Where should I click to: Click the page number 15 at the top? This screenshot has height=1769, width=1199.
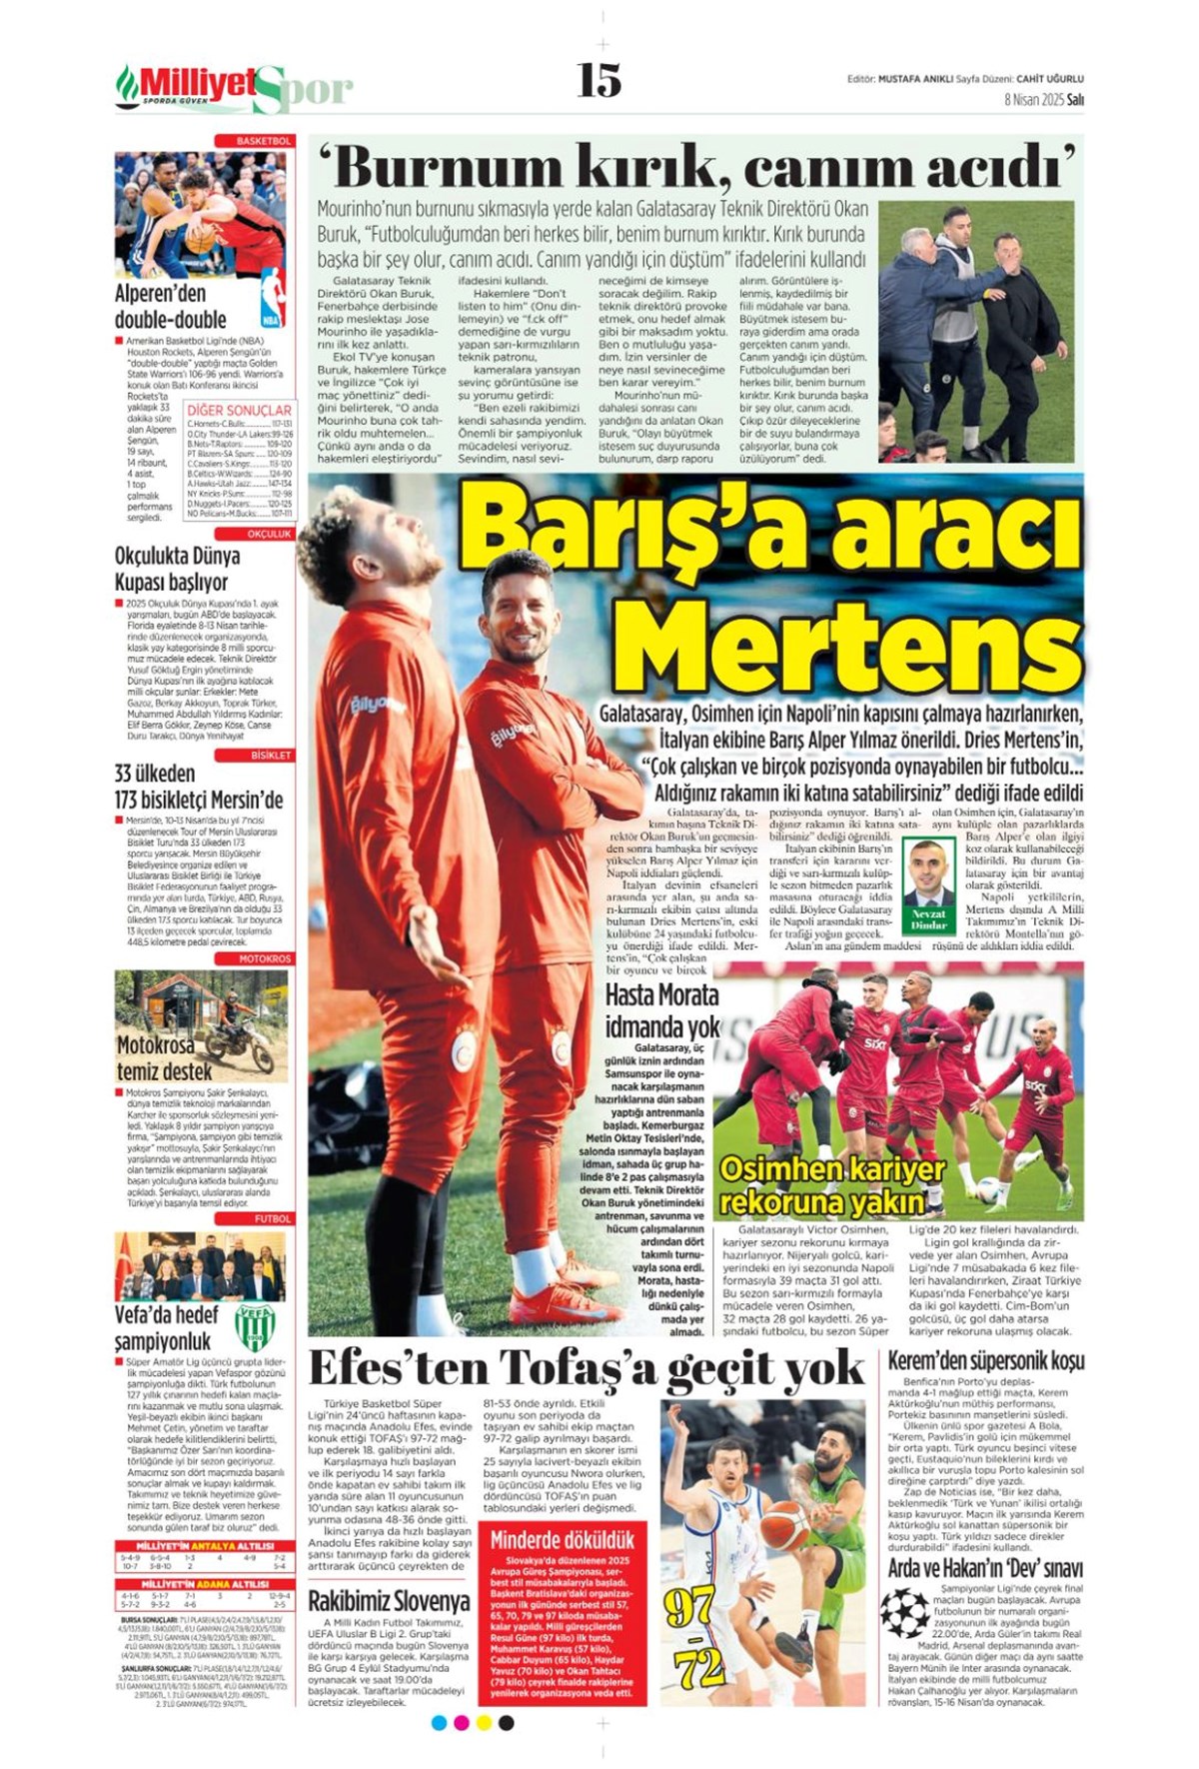click(599, 80)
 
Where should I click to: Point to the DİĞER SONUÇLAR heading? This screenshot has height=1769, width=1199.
click(239, 410)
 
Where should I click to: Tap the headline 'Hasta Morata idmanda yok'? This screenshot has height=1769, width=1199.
click(661, 1010)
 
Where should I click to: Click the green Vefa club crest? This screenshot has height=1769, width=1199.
click(254, 1326)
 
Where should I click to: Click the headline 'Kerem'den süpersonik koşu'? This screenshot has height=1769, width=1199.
click(985, 1360)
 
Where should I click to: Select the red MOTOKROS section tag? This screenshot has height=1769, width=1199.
click(265, 958)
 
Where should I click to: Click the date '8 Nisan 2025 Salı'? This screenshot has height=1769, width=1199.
click(1043, 100)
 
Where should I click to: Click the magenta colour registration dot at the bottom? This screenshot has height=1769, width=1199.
click(461, 1723)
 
